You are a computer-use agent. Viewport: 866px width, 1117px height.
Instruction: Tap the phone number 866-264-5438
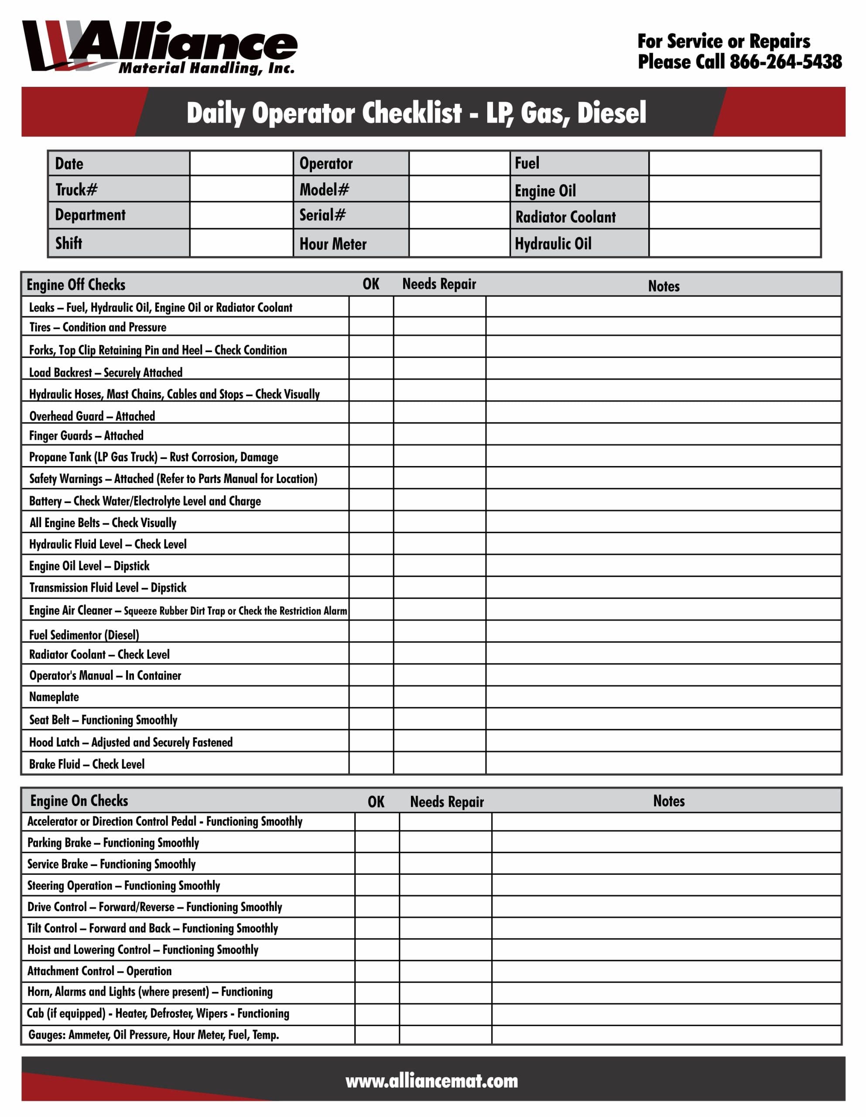(x=785, y=62)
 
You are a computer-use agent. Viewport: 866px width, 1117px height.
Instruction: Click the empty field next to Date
(x=241, y=163)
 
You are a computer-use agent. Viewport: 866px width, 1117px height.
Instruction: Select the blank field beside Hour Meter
(x=459, y=243)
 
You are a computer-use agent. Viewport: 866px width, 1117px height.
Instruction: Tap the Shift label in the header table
(x=68, y=243)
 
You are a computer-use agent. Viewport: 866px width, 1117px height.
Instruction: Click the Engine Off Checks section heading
(x=76, y=284)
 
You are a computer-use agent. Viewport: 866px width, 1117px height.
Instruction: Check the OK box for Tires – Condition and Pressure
(x=371, y=326)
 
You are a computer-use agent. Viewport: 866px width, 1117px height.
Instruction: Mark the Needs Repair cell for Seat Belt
(x=439, y=719)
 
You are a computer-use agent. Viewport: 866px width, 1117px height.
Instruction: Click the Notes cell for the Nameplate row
(x=663, y=696)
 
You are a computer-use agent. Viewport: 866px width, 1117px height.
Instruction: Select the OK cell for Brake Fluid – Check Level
(x=371, y=763)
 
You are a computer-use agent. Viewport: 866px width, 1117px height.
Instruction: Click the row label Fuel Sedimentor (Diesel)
(x=84, y=635)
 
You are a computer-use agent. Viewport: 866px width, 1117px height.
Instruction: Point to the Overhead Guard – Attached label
(x=92, y=416)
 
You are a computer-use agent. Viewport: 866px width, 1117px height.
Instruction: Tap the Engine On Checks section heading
(x=79, y=800)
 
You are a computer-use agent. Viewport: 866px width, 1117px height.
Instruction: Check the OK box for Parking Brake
(x=377, y=842)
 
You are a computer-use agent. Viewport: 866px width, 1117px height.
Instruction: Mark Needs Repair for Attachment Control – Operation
(x=445, y=971)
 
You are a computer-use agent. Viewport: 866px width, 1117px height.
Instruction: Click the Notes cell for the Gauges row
(x=666, y=1035)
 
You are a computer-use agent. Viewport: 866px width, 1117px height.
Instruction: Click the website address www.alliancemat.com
(x=432, y=1081)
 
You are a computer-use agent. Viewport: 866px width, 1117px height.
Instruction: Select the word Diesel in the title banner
(x=612, y=113)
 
